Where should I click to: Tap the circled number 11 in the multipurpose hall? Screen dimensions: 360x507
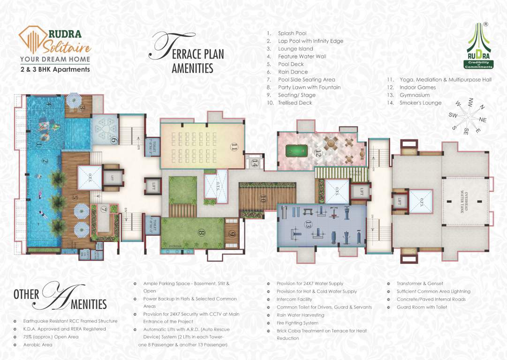point(234,147)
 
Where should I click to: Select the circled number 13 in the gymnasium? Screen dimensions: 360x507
point(308,225)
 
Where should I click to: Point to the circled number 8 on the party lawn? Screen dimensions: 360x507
point(201,232)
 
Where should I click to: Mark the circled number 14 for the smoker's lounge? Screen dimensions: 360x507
point(255,163)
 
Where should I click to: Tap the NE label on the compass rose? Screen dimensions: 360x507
point(483,120)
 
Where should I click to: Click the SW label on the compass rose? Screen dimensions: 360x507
point(453,115)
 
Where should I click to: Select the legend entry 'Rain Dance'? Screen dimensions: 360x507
point(293,72)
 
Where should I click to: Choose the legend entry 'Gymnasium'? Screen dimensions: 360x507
point(414,95)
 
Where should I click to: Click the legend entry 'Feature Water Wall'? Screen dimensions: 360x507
point(302,56)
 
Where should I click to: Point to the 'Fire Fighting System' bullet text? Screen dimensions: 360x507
point(297,323)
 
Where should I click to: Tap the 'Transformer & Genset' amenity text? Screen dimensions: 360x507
point(419,284)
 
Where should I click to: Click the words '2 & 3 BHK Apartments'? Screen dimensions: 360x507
point(55,69)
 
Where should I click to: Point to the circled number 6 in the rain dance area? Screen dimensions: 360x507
point(113,140)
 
